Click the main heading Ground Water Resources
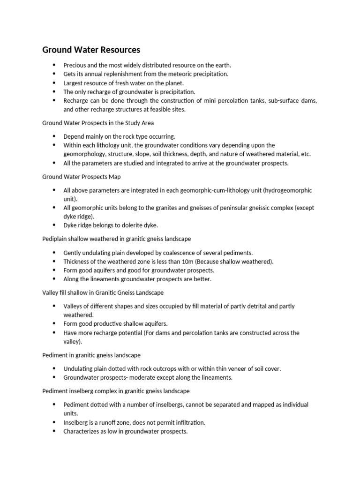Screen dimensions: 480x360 [x=91, y=50]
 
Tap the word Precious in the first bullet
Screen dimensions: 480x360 [x=75, y=65]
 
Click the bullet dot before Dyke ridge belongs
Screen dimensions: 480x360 [x=54, y=225]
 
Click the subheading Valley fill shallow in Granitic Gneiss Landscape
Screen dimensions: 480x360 [x=103, y=292]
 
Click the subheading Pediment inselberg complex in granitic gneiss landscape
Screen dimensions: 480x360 [x=116, y=390]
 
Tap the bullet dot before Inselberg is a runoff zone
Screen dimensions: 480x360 [x=54, y=422]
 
